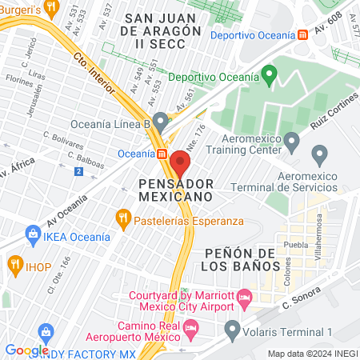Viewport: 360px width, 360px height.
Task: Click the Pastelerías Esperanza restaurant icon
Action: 122,217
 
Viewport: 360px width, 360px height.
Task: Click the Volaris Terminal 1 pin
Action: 232,327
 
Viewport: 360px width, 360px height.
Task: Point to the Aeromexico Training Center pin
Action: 292,142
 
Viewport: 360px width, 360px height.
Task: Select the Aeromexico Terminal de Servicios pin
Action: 320,154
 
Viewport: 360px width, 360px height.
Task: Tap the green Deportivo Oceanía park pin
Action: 270,76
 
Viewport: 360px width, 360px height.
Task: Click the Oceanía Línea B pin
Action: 161,122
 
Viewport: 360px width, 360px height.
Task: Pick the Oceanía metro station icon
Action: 162,154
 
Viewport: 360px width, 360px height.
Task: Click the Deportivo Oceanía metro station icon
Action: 302,36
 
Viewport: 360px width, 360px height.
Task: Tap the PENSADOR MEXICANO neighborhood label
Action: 169,189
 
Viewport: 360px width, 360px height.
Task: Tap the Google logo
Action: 27,350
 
